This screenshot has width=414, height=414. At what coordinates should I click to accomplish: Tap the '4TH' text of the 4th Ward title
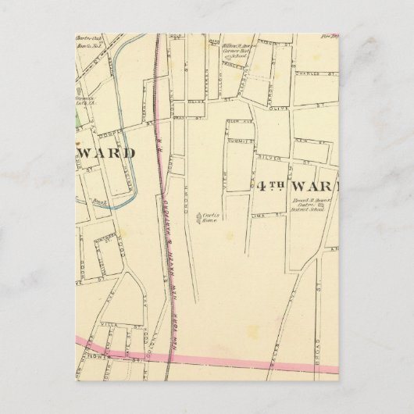click(x=269, y=186)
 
